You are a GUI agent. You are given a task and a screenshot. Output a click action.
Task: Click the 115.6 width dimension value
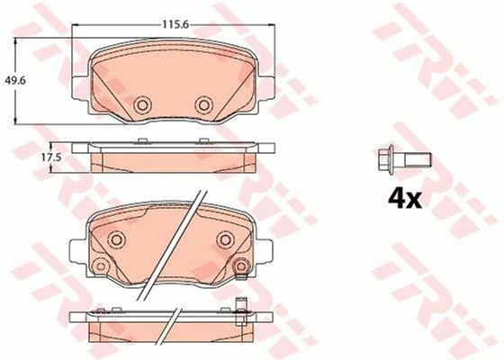point(175,25)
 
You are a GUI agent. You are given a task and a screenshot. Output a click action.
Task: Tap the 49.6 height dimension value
point(15,80)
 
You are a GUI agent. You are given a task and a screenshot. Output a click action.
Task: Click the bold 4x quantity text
point(405,199)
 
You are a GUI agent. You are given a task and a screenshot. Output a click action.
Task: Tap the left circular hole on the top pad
point(142,104)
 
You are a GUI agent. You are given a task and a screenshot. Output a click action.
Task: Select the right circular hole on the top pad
point(204,104)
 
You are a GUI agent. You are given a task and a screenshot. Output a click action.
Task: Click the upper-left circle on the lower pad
point(116,239)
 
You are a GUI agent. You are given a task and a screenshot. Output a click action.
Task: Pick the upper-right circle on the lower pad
point(225,239)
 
